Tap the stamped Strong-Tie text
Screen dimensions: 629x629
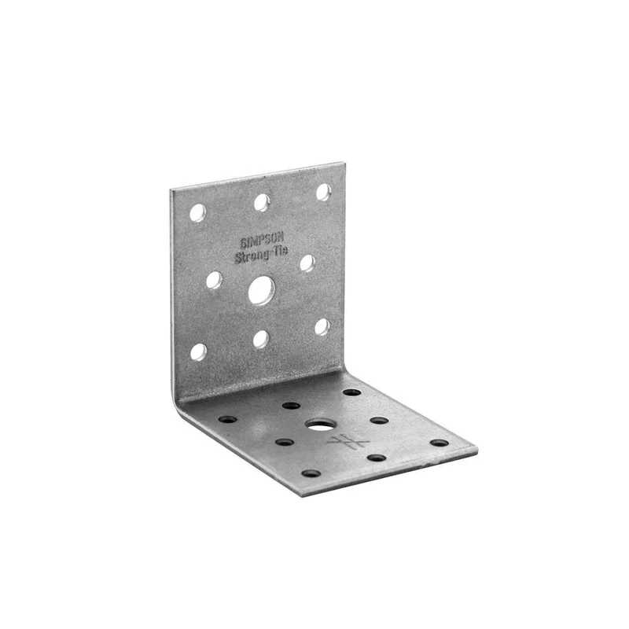[261, 254]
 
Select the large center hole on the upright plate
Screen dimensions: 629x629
[262, 290]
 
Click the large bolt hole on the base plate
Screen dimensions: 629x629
[321, 425]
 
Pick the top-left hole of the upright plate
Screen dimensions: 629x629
[198, 212]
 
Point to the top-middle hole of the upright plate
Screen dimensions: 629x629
[262, 202]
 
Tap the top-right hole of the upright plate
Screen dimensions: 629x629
[324, 192]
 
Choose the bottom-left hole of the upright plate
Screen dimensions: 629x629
[199, 351]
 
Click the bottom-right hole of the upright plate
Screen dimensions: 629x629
[322, 327]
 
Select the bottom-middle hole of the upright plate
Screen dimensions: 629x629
[262, 339]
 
